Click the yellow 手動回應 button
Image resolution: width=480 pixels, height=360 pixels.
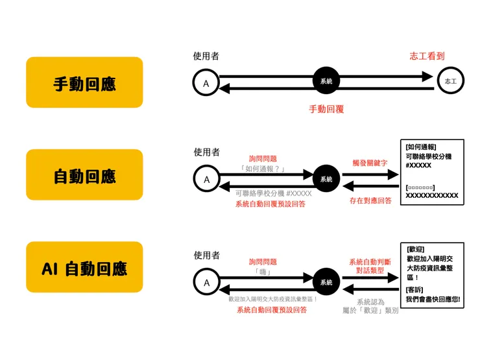point(84,82)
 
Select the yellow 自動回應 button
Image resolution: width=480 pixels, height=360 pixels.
point(84,175)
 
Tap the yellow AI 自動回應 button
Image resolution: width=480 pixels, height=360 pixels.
point(84,268)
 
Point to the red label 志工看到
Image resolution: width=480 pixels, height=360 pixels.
point(427,56)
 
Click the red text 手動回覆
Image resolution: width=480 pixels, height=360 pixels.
point(326,109)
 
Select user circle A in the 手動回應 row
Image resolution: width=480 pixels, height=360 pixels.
point(206,83)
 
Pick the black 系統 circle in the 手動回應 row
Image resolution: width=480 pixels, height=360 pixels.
point(326,82)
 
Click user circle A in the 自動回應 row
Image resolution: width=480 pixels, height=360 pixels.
point(206,179)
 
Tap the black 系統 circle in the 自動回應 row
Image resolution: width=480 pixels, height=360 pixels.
point(326,179)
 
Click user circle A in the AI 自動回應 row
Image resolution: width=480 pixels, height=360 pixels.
point(206,282)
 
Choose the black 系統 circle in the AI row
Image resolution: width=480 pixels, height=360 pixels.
point(326,282)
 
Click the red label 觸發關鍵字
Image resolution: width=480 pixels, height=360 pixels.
point(370,162)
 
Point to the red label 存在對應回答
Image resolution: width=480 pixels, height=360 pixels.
point(370,200)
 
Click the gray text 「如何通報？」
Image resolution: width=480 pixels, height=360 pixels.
point(263,169)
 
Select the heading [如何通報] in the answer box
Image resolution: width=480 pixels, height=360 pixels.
point(420,147)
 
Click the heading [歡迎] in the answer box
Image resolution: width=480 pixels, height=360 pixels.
point(415,249)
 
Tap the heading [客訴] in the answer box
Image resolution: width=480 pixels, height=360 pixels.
point(415,290)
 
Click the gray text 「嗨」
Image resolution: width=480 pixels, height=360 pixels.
point(263,272)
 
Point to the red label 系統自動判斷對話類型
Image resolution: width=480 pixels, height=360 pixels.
point(370,265)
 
